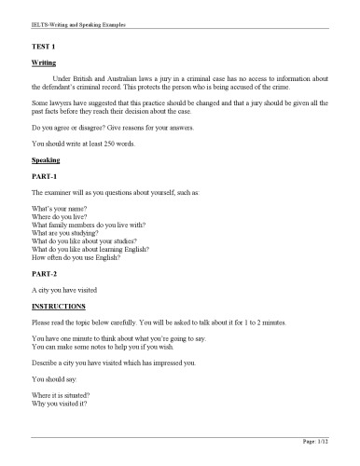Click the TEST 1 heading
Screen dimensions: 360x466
pyautogui.click(x=44, y=46)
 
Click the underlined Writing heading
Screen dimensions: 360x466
pyautogui.click(x=44, y=62)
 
